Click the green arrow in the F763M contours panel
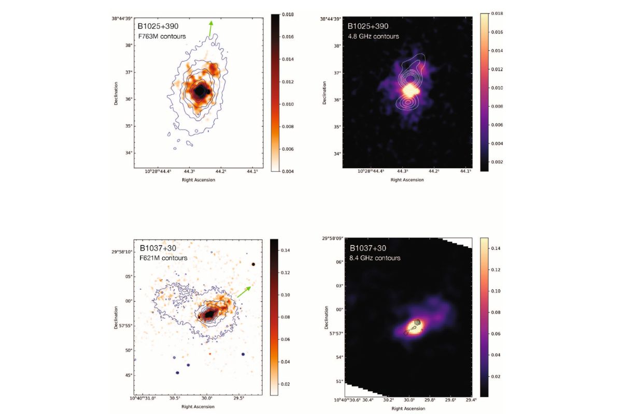210,28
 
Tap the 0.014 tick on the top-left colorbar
287,60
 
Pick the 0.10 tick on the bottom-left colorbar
287,295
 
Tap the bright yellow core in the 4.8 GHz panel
409,90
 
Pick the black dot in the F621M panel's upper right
253,264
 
